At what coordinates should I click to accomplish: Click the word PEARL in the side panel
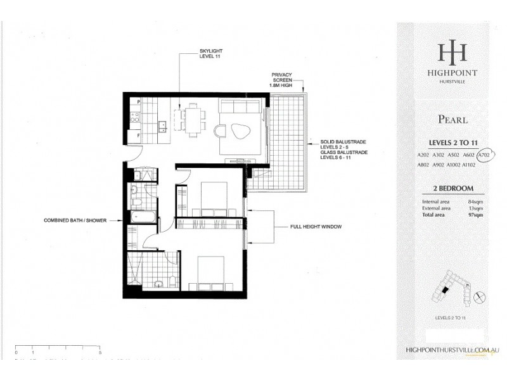pyautogui.click(x=452, y=119)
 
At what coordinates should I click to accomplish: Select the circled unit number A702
pyautogui.click(x=487, y=154)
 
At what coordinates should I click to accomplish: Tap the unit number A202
pyautogui.click(x=423, y=155)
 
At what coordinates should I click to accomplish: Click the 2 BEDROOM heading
pyautogui.click(x=452, y=188)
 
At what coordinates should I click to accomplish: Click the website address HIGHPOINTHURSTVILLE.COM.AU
pyautogui.click(x=452, y=349)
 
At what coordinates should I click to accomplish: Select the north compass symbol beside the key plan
pyautogui.click(x=479, y=294)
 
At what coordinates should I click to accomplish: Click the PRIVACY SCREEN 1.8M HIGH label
pyautogui.click(x=281, y=82)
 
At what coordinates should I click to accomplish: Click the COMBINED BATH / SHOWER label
pyautogui.click(x=74, y=220)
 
